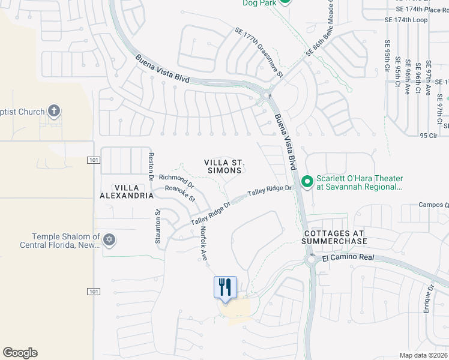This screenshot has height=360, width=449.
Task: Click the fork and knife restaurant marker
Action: point(226,286)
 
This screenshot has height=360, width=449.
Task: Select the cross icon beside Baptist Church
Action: point(54,111)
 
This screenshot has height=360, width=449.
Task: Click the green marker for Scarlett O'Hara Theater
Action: point(307,181)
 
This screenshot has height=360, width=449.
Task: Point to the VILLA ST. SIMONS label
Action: point(225,166)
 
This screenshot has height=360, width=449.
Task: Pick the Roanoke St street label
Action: point(180,192)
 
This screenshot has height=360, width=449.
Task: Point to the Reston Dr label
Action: point(151,164)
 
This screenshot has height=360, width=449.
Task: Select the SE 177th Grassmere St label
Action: point(259,53)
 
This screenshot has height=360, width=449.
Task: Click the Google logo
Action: point(20,353)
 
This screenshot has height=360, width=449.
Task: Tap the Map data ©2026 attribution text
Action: point(423,355)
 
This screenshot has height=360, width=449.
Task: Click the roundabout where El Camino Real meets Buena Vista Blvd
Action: point(312,260)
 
